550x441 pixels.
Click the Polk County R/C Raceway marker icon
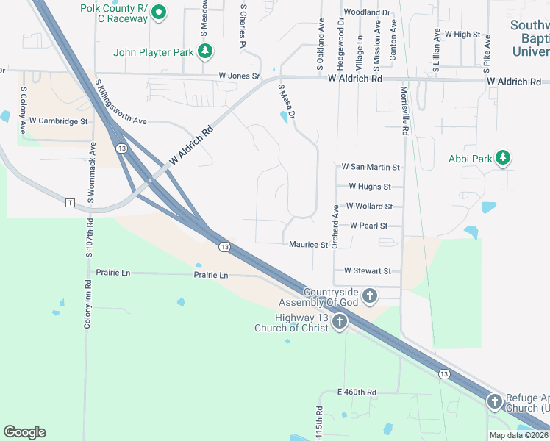point(158,12)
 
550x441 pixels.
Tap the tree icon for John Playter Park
point(207,51)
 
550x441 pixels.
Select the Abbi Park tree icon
point(503,158)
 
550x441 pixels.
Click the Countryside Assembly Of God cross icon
point(369,296)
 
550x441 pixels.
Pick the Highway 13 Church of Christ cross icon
point(339,321)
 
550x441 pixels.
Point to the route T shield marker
point(71,202)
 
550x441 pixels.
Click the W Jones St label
point(239,76)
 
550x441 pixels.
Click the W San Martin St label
point(371,168)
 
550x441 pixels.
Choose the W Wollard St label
point(369,207)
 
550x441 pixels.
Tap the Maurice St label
point(307,244)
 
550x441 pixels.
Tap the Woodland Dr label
point(367,12)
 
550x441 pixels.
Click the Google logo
point(24,432)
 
